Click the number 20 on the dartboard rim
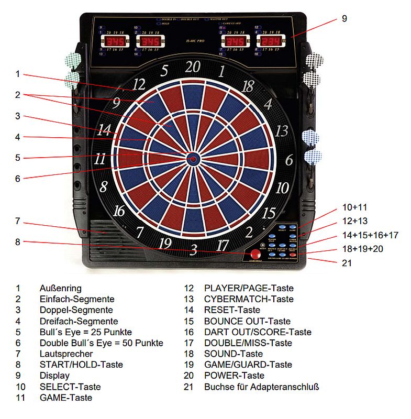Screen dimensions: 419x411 (193, 67)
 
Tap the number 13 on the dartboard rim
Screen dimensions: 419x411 (282, 130)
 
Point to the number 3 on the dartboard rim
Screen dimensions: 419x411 (193, 250)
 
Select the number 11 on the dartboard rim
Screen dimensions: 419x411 (101, 158)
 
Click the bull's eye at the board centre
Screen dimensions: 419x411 (193, 159)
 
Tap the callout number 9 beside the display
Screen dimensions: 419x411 (344, 19)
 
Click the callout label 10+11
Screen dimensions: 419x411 (355, 207)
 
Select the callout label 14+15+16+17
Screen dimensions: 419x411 (370, 235)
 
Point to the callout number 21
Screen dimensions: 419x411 (347, 263)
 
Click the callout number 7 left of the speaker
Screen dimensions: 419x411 (17, 221)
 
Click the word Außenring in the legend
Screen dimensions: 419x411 (60, 288)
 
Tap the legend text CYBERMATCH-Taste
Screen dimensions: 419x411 (249, 299)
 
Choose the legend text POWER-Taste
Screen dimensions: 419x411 (234, 376)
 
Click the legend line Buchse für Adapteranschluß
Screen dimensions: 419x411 (261, 387)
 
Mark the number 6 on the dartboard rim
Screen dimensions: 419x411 (288, 160)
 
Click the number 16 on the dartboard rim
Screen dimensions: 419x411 (119, 211)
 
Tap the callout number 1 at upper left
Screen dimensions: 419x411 (17, 74)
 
